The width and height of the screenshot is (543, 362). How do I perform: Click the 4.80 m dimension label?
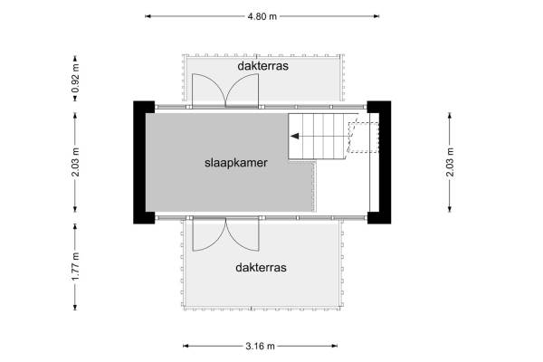(x=261, y=15)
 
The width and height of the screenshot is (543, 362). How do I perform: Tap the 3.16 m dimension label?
(x=261, y=346)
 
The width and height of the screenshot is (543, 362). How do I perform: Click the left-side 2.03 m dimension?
(x=76, y=164)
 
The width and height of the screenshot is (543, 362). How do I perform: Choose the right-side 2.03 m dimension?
(x=450, y=164)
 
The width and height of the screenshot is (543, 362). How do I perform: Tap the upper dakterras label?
(x=263, y=66)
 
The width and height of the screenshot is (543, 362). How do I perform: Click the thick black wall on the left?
(x=140, y=163)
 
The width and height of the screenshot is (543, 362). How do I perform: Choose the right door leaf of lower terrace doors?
(x=243, y=235)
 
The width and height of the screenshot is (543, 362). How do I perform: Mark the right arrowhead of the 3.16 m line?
(x=338, y=346)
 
